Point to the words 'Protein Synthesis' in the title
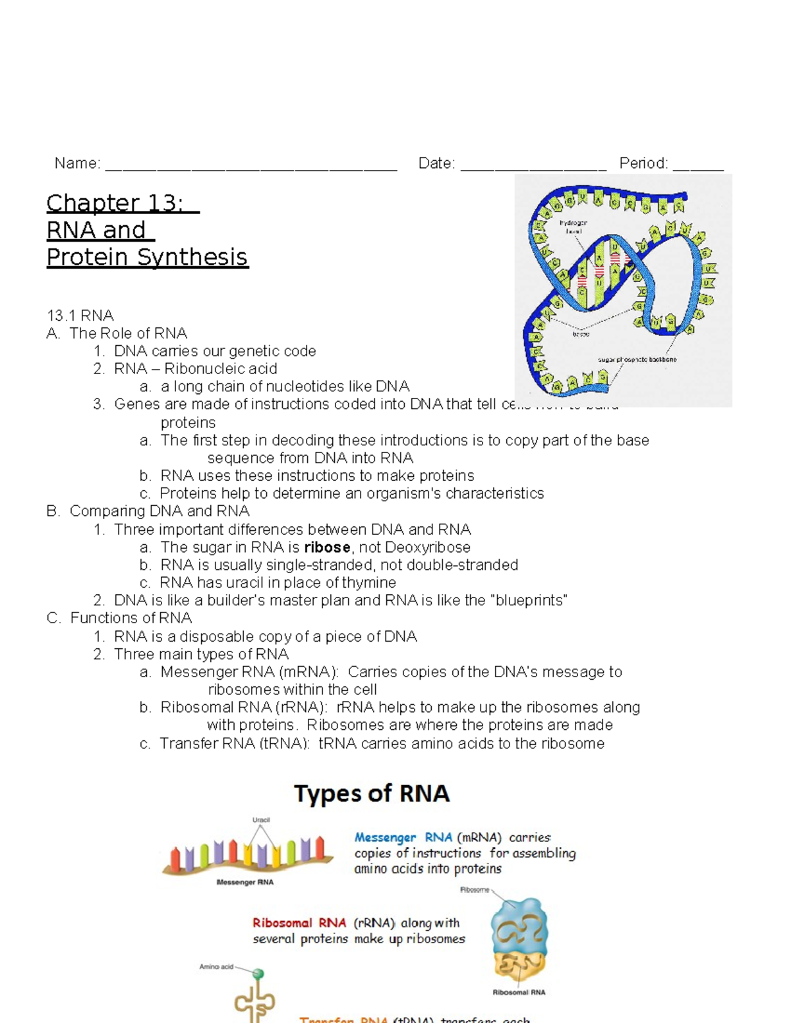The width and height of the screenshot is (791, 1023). point(147,257)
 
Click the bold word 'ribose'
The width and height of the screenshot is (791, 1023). point(327,547)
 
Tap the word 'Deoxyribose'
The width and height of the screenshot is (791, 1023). point(428,547)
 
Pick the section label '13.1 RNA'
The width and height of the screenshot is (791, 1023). point(80,316)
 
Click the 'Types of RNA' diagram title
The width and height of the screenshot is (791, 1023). point(372,793)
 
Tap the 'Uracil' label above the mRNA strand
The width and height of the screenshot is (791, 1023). point(261,820)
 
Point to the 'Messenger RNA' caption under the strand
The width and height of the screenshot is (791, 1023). point(245,882)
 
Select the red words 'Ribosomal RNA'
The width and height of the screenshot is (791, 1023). point(299,923)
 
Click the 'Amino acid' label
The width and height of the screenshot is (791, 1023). point(216,967)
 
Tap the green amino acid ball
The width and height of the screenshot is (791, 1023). point(258,974)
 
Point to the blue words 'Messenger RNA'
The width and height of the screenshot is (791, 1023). point(403,837)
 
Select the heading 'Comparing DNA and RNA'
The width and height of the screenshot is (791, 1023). point(159,511)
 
